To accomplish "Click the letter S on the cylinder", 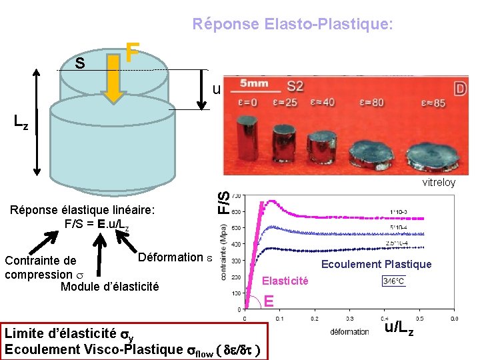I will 79,64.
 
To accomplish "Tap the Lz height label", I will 21,122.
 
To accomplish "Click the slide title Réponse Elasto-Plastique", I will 293,25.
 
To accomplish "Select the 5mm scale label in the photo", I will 255,84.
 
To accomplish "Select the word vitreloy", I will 439,183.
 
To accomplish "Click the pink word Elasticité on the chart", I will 285,281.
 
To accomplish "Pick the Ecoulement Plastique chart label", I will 376,264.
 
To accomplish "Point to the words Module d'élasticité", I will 110,287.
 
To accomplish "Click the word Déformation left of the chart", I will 169,257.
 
